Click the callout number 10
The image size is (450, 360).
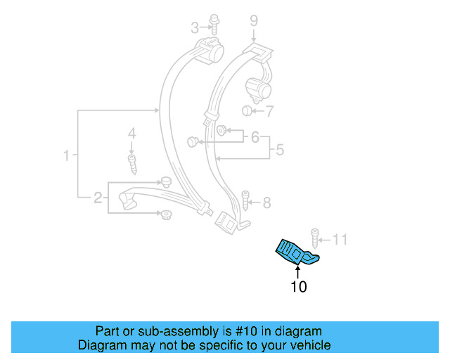(298, 287)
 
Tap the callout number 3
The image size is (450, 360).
(195, 28)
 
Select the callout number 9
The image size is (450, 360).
(254, 20)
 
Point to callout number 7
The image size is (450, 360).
(269, 111)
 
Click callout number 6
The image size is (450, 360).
(255, 137)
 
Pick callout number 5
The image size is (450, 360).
(279, 150)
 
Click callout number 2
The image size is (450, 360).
(98, 198)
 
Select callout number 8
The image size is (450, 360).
(266, 203)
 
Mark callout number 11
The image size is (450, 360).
(340, 240)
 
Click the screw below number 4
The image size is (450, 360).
(131, 163)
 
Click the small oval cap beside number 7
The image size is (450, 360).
(247, 111)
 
